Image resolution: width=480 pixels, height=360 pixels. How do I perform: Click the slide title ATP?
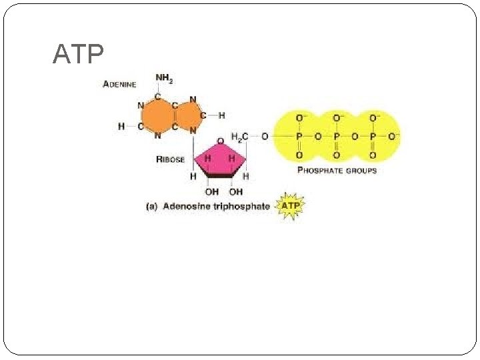click(x=78, y=55)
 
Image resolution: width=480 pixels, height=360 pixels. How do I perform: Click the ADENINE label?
click(x=120, y=84)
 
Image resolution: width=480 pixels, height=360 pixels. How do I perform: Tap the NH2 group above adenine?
click(x=164, y=79)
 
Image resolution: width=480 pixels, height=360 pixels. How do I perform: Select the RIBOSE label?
click(x=170, y=159)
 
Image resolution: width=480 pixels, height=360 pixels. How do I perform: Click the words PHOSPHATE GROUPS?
click(x=337, y=171)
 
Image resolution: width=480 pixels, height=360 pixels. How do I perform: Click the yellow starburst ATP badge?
click(x=291, y=205)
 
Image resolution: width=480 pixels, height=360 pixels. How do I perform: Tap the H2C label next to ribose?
click(x=240, y=137)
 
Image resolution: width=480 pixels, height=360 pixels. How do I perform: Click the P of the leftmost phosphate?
click(x=299, y=136)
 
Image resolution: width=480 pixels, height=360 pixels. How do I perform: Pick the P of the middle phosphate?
click(x=336, y=136)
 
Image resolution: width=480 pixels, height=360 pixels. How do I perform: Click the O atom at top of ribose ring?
click(x=219, y=141)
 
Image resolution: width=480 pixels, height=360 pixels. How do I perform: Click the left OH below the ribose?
click(x=211, y=192)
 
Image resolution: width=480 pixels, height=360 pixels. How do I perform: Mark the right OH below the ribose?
click(x=236, y=192)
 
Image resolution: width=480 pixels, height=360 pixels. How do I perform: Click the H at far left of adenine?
click(x=121, y=126)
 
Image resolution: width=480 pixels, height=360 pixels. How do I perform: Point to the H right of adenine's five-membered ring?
click(x=222, y=115)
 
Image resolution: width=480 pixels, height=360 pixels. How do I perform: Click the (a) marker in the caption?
click(x=151, y=206)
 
